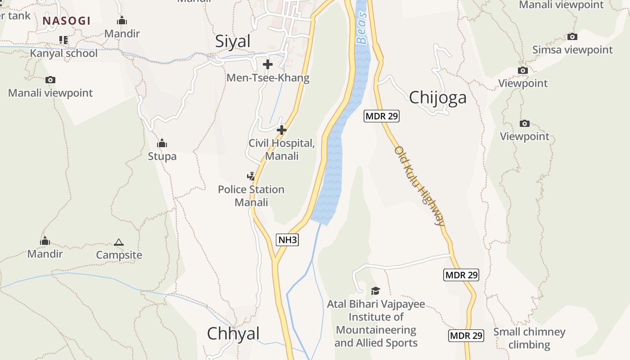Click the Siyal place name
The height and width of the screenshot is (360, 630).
coord(233,41)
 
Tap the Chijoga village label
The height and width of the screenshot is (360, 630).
coord(437,97)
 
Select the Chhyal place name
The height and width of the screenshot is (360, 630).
coord(233,333)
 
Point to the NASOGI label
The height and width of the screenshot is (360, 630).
coord(67,21)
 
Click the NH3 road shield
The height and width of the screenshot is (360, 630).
coord(287,240)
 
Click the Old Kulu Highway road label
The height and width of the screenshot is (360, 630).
coord(420,185)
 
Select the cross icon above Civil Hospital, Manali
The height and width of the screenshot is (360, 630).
coord(282,130)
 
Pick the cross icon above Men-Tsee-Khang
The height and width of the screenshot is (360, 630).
coord(268,64)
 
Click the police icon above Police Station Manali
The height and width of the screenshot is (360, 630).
coord(251,176)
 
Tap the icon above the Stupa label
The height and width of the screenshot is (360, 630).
coord(162,144)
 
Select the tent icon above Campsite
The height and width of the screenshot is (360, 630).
coord(119,243)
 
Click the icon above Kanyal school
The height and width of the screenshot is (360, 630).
coord(63,40)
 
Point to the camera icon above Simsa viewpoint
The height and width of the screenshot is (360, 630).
coord(572,36)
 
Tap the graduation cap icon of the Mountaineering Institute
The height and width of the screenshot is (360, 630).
coord(375,291)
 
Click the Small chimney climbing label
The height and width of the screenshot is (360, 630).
coord(529,338)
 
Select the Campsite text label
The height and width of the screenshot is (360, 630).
coord(119,255)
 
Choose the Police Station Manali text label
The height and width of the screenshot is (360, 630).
coord(251,196)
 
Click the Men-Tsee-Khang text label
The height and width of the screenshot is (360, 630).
coord(268,78)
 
